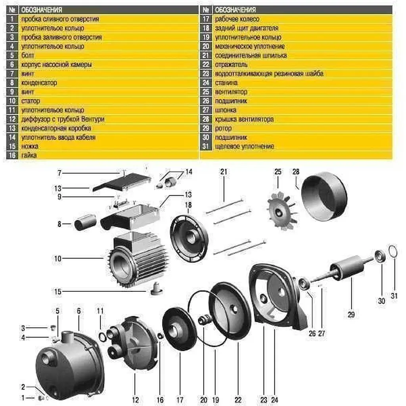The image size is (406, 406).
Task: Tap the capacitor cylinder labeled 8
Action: (85, 222)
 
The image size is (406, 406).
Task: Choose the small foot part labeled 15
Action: (156, 289)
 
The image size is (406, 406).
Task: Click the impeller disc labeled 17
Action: (179, 329)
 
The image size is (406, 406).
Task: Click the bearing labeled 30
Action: (380, 256)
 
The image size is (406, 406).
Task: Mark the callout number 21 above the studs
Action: (224, 172)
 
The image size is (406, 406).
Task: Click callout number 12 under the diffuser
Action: (136, 400)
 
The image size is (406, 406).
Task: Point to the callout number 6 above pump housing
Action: (79, 311)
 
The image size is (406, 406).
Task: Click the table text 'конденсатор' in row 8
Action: (39, 83)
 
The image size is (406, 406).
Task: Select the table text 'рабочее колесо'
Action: (237, 19)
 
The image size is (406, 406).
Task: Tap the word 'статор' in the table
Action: (31, 101)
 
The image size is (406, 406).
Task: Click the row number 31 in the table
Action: (206, 147)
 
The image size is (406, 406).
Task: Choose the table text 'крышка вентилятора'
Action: (244, 119)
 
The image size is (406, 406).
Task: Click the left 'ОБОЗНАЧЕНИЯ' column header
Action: (41, 10)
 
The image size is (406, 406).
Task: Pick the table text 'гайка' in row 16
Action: (29, 155)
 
